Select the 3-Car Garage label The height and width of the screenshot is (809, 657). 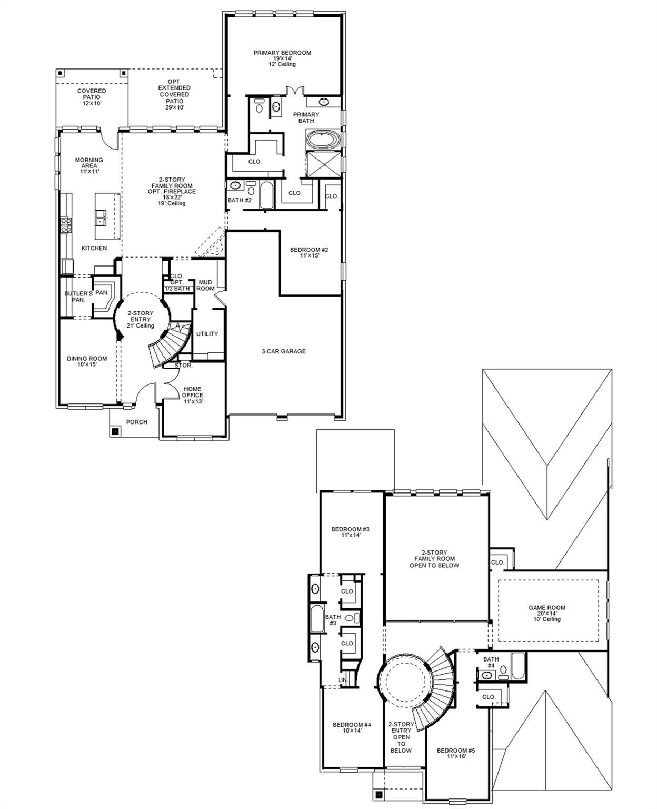point(284,351)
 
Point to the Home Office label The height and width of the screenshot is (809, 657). point(193,395)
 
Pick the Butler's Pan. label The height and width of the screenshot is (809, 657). point(78,297)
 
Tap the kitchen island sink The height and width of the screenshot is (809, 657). point(101,214)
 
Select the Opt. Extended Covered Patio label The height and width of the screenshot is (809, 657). point(174,94)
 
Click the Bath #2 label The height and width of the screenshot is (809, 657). point(240,200)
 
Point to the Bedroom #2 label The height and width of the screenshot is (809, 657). point(309,252)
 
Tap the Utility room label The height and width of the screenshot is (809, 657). point(207,334)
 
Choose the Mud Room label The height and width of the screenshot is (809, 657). point(205,285)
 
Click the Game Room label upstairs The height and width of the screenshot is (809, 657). point(547,613)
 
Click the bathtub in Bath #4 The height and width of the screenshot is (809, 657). point(517,666)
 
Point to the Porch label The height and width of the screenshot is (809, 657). point(137,422)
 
